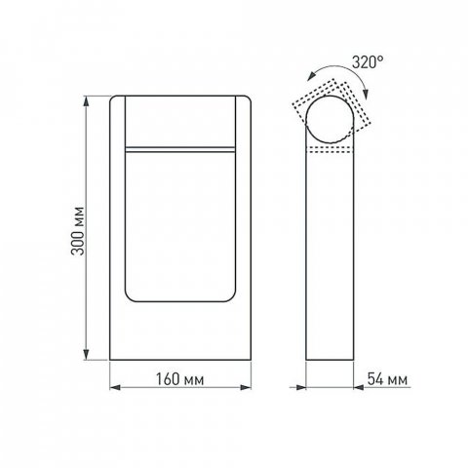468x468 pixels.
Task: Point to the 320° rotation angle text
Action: point(368,61)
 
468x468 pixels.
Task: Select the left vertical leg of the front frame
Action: point(118,229)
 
